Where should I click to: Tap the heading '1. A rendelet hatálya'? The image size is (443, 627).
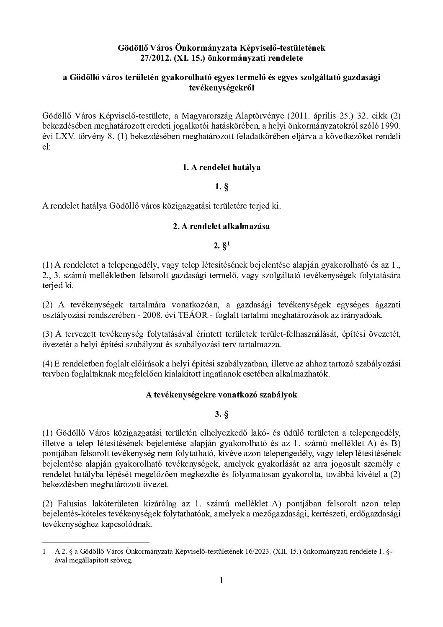pos(221,167)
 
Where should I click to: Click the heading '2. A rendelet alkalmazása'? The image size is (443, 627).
pos(221,227)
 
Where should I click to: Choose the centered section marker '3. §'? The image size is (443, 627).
pos(221,415)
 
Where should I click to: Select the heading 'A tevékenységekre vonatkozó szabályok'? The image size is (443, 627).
pos(221,395)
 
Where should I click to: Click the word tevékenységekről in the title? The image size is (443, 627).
pos(221,88)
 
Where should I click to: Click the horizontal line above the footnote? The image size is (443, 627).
pos(96,542)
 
